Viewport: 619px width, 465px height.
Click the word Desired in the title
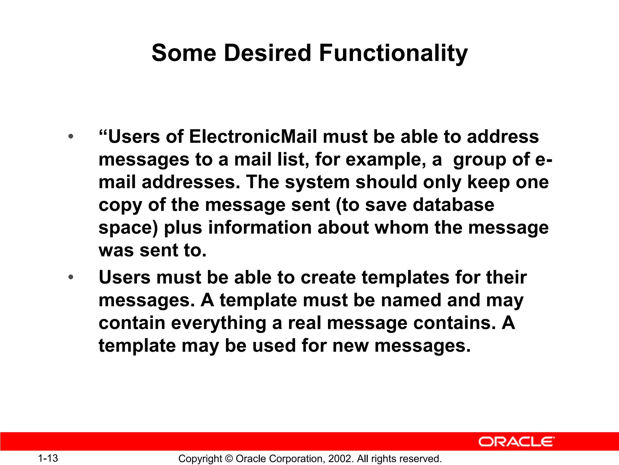(267, 53)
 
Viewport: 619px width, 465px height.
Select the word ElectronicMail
(253, 137)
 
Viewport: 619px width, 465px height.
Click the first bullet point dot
(71, 137)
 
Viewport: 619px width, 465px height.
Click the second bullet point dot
(71, 277)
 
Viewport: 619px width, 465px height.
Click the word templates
(405, 277)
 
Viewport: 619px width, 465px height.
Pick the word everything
(219, 323)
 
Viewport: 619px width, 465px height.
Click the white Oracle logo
(516, 442)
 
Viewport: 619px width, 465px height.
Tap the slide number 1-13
(48, 458)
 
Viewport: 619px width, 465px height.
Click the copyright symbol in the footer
(229, 459)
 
